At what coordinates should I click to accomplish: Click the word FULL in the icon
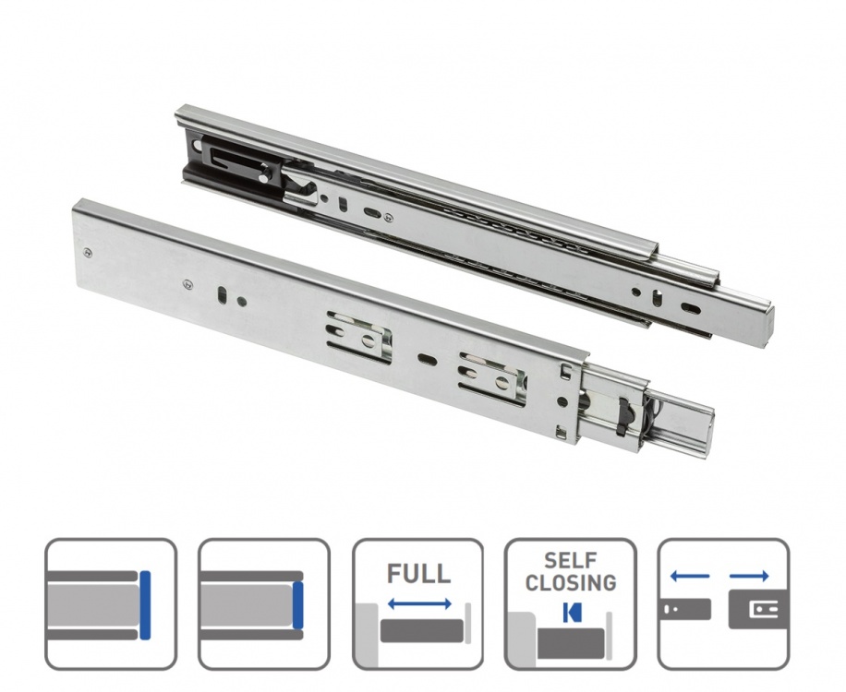(x=418, y=573)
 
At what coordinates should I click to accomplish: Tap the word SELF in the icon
(x=570, y=561)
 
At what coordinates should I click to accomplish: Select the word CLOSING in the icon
(x=570, y=582)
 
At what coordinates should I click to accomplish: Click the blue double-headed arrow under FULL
(x=418, y=603)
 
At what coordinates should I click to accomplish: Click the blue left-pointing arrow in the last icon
(x=689, y=577)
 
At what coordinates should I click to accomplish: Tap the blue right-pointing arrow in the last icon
(x=749, y=577)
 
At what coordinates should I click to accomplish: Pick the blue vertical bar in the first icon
(x=145, y=604)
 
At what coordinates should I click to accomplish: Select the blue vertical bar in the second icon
(x=297, y=604)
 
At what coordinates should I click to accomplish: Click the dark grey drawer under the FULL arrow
(x=420, y=632)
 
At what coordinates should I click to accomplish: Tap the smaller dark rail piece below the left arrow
(x=685, y=609)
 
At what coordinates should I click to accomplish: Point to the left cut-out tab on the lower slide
(x=357, y=339)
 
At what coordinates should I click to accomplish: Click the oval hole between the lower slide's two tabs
(x=426, y=355)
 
